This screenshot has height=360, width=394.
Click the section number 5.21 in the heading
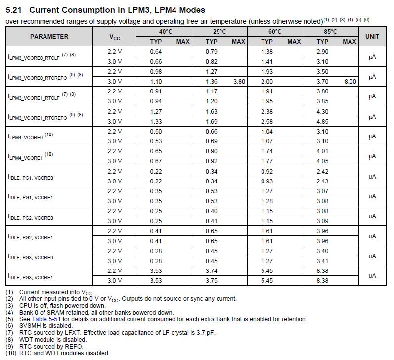coord(14,9)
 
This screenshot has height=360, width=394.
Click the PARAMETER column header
coord(49,37)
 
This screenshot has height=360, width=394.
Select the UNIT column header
coord(372,37)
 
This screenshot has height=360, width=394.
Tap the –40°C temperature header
coord(163,32)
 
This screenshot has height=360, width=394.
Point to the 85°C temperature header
coord(330,32)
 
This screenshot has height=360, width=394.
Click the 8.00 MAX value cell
coord(350,82)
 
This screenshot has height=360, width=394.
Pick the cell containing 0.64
coord(156,51)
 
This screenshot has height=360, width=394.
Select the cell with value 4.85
coord(322,121)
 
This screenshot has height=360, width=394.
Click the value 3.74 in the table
coord(212,270)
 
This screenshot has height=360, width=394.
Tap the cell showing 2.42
coord(322,171)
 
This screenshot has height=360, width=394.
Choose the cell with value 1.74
coord(267,151)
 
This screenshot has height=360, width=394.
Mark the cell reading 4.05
coord(322,161)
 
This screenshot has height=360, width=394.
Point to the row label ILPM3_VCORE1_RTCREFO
coord(38,117)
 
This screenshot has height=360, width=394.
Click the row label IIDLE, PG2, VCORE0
coord(31,217)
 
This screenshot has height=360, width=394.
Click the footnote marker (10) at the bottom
coord(11,353)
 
